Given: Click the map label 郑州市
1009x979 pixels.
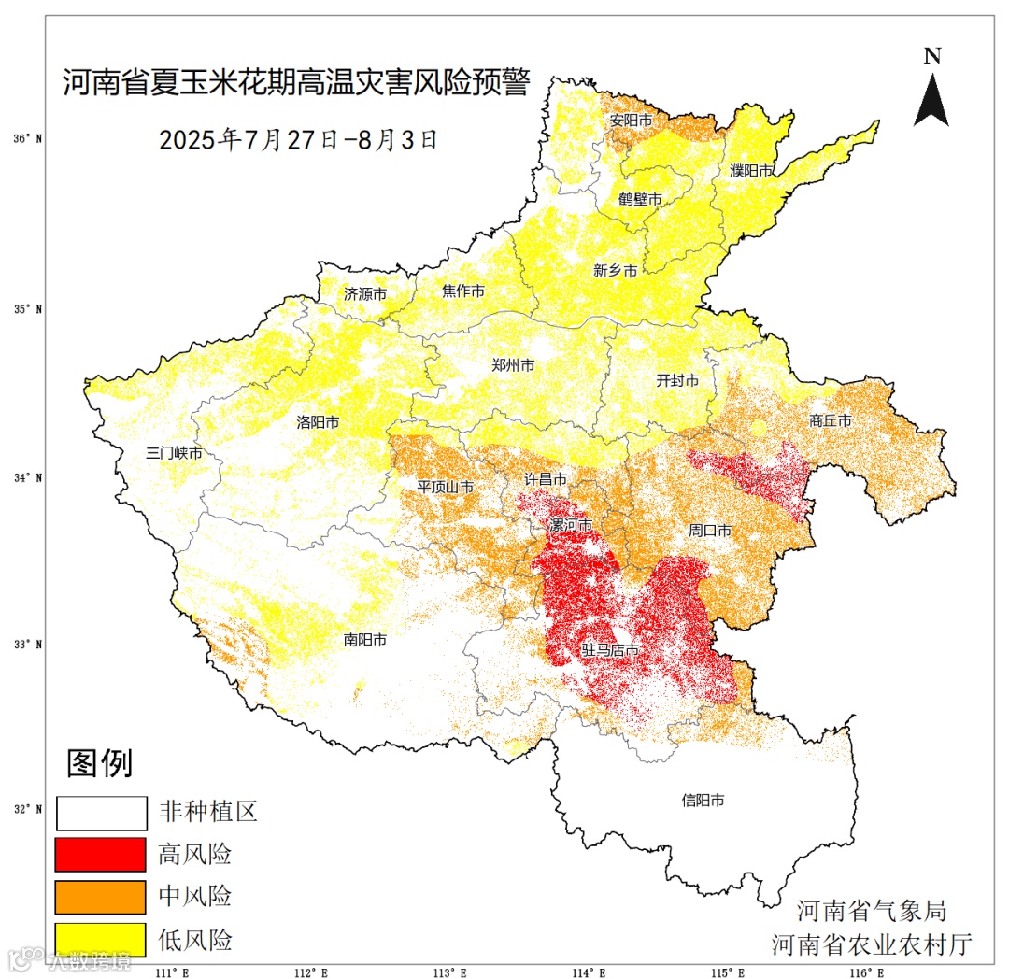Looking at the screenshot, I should point(513,365).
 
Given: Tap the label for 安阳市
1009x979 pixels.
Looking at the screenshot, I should point(631,121).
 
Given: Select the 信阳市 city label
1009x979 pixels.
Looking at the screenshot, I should point(703,801).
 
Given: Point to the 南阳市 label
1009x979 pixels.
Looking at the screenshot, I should point(365,640).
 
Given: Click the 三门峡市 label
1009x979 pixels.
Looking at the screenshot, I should point(174,453).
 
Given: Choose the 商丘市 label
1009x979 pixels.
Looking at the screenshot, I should point(831,421).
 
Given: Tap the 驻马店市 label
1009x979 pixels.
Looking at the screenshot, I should point(611,649).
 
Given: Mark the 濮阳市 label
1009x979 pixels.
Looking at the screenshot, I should point(751,171).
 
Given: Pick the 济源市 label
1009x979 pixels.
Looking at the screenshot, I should point(365,293).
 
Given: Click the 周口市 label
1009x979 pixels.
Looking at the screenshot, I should point(710,530).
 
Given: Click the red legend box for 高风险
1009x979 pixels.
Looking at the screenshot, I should point(101,855).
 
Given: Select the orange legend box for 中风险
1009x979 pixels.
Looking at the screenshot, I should point(101,897).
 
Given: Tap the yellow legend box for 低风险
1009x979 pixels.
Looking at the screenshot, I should point(101,939).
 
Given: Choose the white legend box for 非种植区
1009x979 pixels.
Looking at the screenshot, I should point(101,813).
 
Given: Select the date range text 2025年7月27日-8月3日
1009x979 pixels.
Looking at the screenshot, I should point(298,140).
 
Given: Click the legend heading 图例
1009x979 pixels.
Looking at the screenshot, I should point(99,763).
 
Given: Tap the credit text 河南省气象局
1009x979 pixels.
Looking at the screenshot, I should point(871,911).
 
